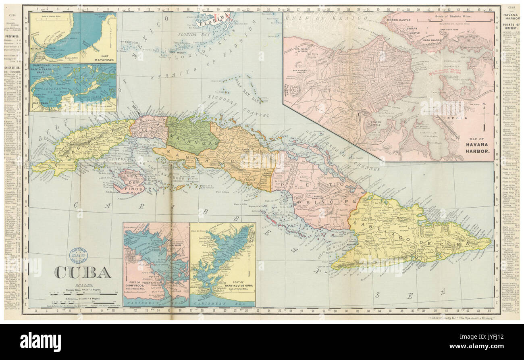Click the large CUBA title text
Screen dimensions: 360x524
tap(83, 273)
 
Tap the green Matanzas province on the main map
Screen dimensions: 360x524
tap(189, 135)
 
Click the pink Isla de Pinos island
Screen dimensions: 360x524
tap(128, 181)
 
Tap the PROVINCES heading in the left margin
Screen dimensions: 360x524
tap(12, 35)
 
